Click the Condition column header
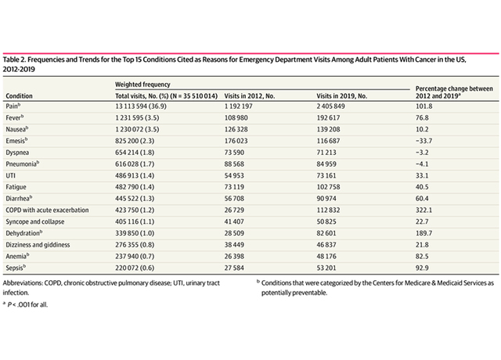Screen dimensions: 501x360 coord(19,95)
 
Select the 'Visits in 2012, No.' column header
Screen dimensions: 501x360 coord(249,95)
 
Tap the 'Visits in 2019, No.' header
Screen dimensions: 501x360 coord(341,95)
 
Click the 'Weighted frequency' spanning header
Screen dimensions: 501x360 coord(142,85)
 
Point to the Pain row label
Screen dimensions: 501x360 coord(13,106)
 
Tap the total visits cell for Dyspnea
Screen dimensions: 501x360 coord(135,153)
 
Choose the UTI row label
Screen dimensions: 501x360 coord(10,175)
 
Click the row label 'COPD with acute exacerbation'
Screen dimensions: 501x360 coord(47,210)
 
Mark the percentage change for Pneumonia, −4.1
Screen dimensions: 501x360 coord(422,164)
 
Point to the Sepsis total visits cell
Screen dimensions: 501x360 coord(135,268)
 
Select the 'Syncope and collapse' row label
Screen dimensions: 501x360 coord(34,221)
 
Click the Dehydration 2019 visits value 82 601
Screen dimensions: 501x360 coord(326,233)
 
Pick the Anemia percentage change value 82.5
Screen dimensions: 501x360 coord(422,256)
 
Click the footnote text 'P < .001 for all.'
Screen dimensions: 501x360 coord(27,304)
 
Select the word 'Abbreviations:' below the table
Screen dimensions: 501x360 coord(23,283)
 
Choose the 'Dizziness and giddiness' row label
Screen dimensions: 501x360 coord(38,245)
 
